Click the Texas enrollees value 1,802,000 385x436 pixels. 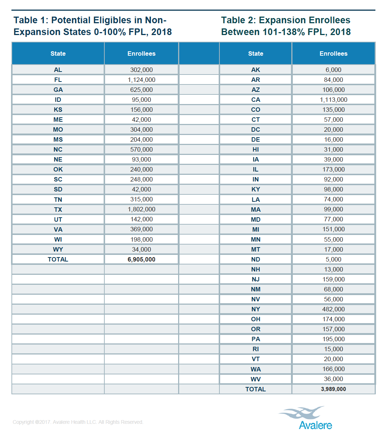click(x=141, y=209)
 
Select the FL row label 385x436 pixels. click(x=58, y=80)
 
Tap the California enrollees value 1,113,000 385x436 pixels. click(x=333, y=100)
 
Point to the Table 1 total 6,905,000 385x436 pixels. click(x=141, y=259)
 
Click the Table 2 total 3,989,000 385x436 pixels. click(x=333, y=389)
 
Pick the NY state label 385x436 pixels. click(x=256, y=309)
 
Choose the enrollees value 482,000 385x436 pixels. click(x=333, y=309)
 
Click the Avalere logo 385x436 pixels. click(x=306, y=418)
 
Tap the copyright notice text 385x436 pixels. click(x=78, y=422)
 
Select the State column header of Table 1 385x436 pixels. click(x=58, y=53)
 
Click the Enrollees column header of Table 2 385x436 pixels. click(x=333, y=53)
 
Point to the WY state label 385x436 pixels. click(x=58, y=249)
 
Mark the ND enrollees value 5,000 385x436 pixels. click(x=333, y=259)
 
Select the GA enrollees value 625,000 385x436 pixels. click(x=141, y=90)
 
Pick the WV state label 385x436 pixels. click(x=256, y=379)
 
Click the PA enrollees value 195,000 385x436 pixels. click(x=333, y=339)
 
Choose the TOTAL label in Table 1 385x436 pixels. click(x=58, y=259)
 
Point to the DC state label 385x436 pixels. click(x=256, y=129)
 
